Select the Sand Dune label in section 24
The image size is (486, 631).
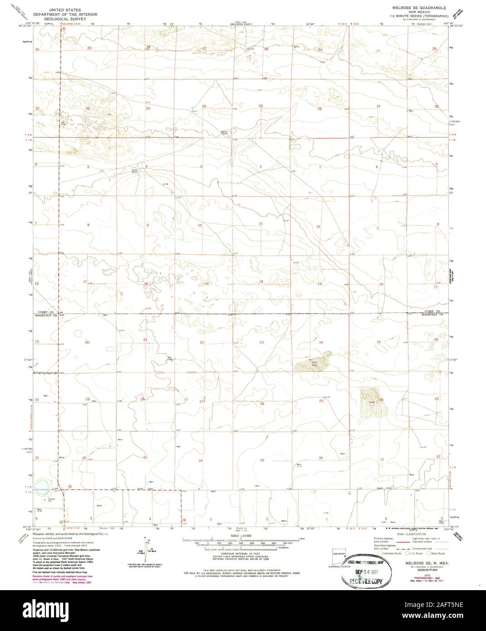312,363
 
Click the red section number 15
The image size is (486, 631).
206,284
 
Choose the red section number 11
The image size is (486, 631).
261,224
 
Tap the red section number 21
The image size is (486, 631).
146,340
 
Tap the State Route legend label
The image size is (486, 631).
439,553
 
